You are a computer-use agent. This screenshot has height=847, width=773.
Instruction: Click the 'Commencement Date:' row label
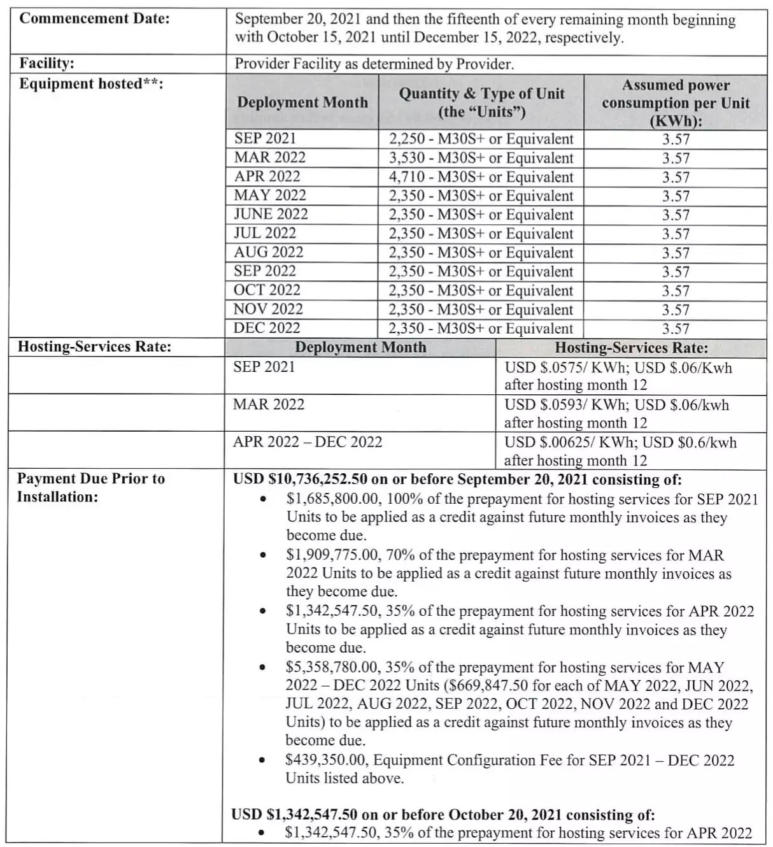click(95, 18)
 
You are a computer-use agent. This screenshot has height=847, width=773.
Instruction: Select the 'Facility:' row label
click(46, 63)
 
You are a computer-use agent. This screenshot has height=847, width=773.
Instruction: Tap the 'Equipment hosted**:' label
click(91, 84)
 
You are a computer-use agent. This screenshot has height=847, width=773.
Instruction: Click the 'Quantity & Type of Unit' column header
click(481, 103)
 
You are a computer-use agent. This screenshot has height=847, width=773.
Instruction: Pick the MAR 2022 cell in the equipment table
click(270, 157)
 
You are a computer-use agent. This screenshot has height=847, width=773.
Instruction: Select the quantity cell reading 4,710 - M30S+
click(481, 177)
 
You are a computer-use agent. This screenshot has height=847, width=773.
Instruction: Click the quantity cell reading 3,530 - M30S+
click(481, 158)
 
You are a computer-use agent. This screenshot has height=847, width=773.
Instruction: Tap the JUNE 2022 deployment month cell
click(271, 214)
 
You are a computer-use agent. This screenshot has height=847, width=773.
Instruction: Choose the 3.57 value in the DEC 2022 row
click(676, 329)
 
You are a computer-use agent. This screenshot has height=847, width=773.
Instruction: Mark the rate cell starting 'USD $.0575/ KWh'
click(618, 376)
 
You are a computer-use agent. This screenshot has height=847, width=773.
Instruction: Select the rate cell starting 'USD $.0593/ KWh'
click(616, 413)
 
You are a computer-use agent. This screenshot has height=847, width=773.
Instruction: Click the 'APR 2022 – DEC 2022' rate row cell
click(308, 442)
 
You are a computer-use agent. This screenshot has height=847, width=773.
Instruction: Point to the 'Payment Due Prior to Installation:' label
click(91, 487)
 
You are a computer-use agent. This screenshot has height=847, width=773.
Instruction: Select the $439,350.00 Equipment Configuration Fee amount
click(325, 760)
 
